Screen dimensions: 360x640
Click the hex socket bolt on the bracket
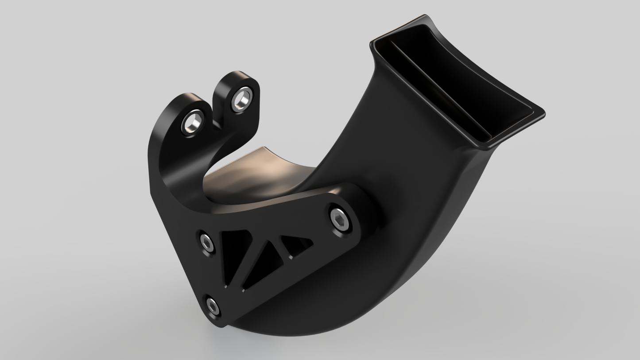click(x=340, y=219)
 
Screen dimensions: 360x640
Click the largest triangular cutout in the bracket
click(x=233, y=255)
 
